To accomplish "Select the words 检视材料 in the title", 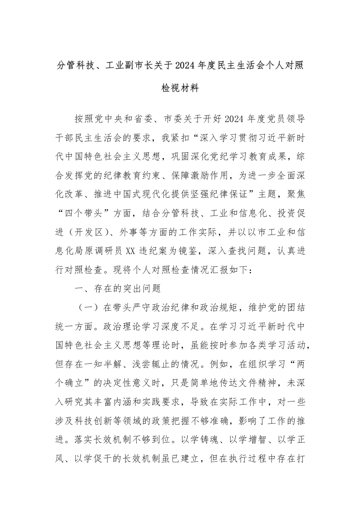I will click(x=180, y=88).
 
